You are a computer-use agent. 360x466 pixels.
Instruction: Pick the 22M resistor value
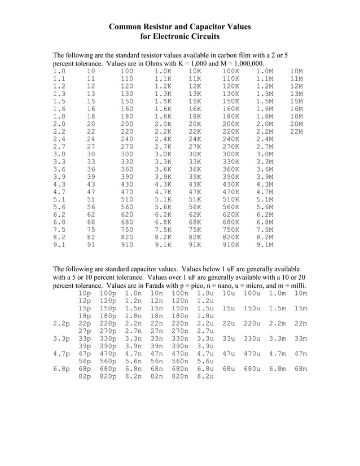(x=296, y=131)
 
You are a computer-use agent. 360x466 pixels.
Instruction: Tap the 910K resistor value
(x=230, y=245)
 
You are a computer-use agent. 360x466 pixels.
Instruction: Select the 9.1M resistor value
(x=265, y=245)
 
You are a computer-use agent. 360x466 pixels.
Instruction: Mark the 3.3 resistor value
(x=59, y=162)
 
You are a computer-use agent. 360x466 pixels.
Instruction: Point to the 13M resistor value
(x=296, y=94)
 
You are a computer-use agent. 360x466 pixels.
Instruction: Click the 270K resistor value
(x=230, y=147)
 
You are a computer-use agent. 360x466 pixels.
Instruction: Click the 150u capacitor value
(x=252, y=309)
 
